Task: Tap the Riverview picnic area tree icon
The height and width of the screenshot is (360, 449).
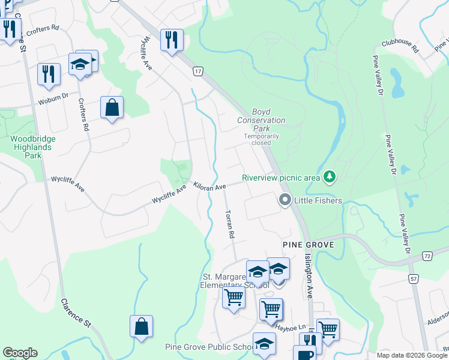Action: tap(329, 177)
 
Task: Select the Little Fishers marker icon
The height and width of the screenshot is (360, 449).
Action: tap(285, 200)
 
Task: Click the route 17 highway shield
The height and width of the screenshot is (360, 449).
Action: tap(198, 71)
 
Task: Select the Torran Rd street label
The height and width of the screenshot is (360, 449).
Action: tap(229, 224)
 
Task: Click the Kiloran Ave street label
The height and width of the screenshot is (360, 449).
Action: tap(209, 186)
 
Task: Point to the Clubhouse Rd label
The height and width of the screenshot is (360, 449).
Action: tap(400, 47)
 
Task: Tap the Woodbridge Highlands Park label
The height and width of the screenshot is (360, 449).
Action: tap(34, 147)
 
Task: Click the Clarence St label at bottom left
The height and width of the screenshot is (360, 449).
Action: tap(76, 314)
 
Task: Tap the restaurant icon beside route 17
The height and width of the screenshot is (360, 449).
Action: tap(172, 40)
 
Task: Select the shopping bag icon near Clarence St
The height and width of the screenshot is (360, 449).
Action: tap(141, 327)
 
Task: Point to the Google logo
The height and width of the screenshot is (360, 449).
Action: tap(20, 353)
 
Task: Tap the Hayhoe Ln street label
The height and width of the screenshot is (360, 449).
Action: tap(291, 328)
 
